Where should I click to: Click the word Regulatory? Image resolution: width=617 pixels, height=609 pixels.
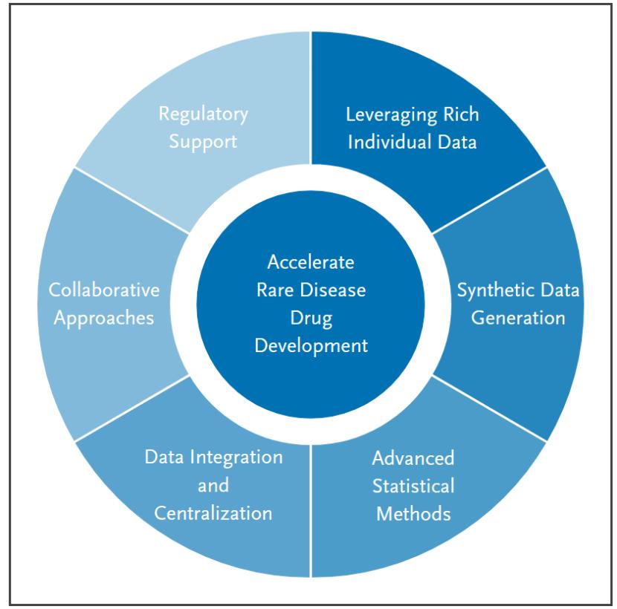[203, 115]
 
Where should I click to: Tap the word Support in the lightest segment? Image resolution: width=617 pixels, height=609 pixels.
[203, 141]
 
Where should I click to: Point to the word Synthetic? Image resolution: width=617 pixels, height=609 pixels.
[488, 290]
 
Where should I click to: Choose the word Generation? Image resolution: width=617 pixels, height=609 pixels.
[520, 318]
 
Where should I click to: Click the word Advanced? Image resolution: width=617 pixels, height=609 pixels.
[413, 457]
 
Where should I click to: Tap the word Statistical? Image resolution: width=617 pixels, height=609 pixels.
[413, 485]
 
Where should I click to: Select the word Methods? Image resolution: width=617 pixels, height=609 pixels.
[413, 512]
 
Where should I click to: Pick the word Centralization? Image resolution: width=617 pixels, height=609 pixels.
[213, 512]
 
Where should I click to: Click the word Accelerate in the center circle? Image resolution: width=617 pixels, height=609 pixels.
[311, 263]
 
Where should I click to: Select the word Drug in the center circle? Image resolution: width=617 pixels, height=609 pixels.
[311, 318]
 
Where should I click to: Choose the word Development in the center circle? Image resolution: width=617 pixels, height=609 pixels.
[311, 345]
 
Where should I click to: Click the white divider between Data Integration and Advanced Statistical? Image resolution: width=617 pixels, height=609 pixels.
[311, 520]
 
